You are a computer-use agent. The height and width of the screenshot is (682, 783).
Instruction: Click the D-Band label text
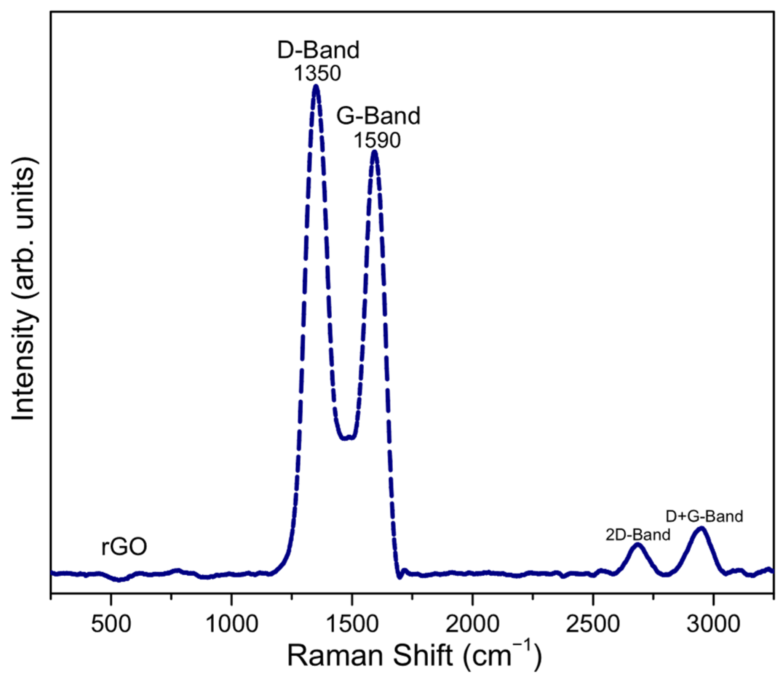coord(318,50)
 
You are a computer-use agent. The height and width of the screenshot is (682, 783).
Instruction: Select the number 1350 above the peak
coord(317,74)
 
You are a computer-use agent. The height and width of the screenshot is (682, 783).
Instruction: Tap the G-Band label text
coord(378,116)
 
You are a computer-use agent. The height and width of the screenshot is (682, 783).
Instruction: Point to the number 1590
coord(377,140)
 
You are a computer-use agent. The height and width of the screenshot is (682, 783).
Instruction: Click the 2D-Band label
coord(638,535)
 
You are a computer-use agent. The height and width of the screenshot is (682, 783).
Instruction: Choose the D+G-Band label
coord(704,516)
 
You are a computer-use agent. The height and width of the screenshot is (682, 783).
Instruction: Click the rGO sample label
coord(124,547)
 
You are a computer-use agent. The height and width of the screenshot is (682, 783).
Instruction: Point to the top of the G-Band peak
coord(374,152)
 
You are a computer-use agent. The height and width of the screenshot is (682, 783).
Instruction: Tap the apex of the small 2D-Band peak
coord(638,545)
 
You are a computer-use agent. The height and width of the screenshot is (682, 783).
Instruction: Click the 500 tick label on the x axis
coord(111,624)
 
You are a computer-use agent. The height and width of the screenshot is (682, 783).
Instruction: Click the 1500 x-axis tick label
coord(352,624)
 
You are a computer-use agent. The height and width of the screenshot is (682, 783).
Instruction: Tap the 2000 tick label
coord(472,624)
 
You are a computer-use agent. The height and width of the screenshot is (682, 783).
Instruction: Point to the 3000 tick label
coord(713,624)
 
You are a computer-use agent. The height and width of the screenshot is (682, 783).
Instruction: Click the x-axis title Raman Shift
coord(413,656)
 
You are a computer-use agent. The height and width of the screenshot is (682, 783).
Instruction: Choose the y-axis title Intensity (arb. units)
coord(24,293)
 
